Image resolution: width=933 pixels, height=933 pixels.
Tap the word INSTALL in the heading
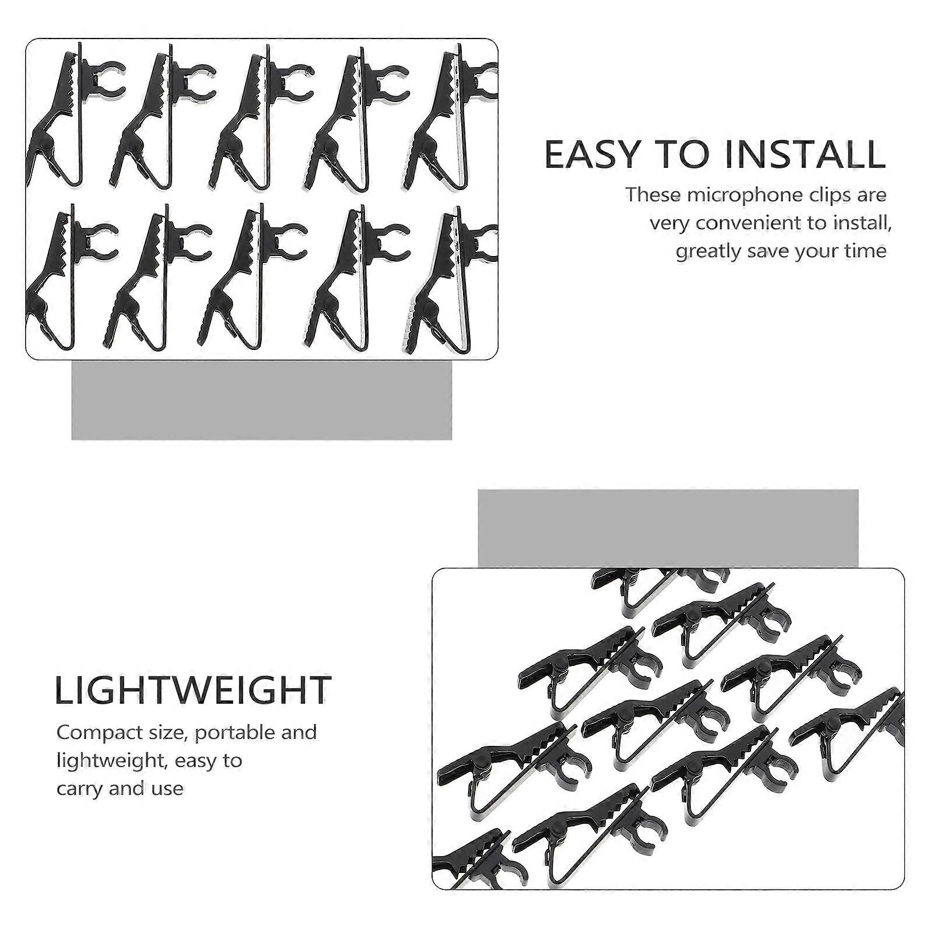click(806, 155)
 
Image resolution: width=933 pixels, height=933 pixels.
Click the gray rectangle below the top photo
click(261, 400)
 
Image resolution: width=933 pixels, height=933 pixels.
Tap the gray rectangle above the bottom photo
click(668, 528)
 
